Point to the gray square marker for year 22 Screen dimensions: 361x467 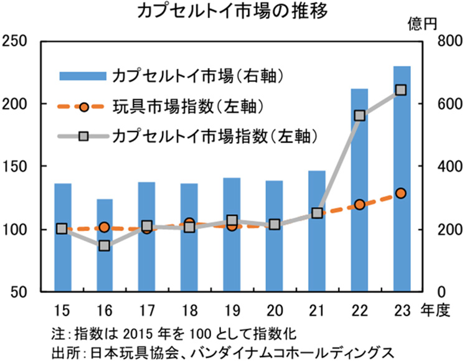pos(359,115)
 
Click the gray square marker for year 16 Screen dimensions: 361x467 pos(105,246)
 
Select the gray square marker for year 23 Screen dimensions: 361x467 pos(402,90)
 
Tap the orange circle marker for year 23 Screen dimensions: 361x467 pos(402,194)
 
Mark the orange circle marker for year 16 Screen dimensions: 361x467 pos(105,227)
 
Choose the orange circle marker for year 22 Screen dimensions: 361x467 pos(359,204)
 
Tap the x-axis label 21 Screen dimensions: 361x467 pos(316,309)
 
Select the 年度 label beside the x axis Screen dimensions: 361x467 pos(435,309)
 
